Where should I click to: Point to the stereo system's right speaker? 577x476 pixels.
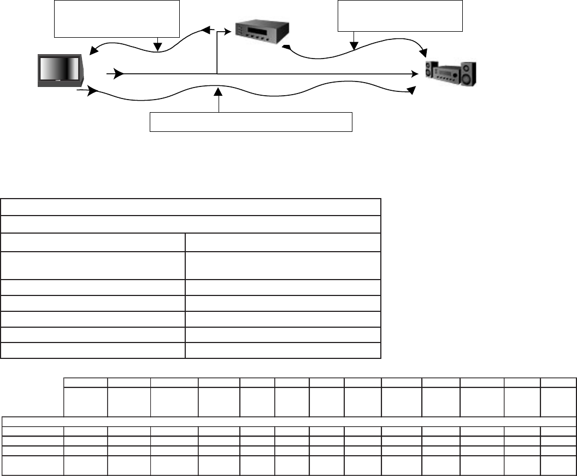pyautogui.click(x=468, y=73)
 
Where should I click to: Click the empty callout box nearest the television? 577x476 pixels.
pyautogui.click(x=116, y=19)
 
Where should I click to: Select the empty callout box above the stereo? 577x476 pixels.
pyautogui.click(x=400, y=16)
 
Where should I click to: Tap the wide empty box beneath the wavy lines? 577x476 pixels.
pyautogui.click(x=251, y=122)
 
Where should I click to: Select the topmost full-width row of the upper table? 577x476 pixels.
pyautogui.click(x=190, y=207)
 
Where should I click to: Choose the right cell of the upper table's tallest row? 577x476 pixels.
pyautogui.click(x=282, y=265)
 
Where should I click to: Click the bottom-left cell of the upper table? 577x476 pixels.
pyautogui.click(x=93, y=350)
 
